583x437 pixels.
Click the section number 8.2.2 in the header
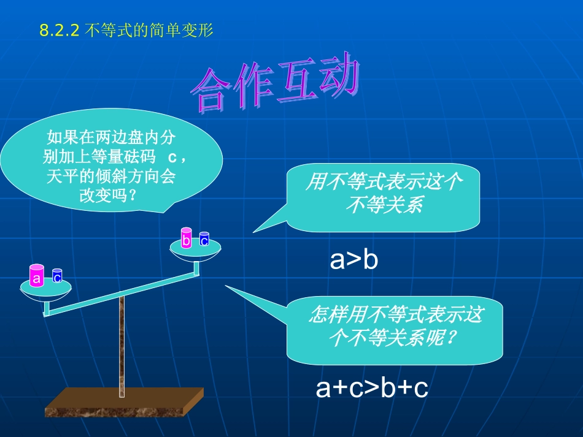tap(60, 30)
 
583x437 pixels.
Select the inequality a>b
tap(353, 260)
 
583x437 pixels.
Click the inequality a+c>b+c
tap(371, 388)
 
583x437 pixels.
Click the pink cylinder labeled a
tap(37, 276)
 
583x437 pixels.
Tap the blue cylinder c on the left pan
tap(57, 276)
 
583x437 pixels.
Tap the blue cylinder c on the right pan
tap(204, 239)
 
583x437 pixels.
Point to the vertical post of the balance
tap(122, 343)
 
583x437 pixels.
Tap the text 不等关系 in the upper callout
tap(384, 205)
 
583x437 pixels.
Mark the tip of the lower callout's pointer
tap(225, 286)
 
